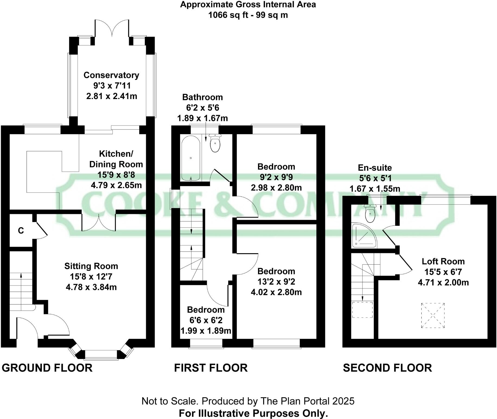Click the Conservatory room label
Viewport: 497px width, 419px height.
coord(111,75)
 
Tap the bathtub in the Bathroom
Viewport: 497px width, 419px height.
coord(191,158)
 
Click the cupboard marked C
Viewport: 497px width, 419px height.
coord(21,231)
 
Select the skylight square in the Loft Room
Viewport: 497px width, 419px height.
coord(433,315)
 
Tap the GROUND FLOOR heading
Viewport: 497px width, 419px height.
coord(47,368)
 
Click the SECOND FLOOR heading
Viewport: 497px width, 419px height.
coord(387,368)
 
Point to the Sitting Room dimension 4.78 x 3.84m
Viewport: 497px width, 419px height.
coord(91,287)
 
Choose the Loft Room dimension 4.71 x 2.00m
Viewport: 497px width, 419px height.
coord(443,282)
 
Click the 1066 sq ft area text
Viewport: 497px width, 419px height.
coord(248,15)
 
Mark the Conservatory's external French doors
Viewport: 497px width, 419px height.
coord(112,28)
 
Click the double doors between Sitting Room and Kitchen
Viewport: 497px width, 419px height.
coord(99,223)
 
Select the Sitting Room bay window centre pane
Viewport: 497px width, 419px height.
coord(101,355)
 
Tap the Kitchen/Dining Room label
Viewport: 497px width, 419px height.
coord(116,159)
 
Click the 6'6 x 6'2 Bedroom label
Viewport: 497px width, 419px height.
coord(206,310)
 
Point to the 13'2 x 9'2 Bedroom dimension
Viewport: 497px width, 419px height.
coord(276,282)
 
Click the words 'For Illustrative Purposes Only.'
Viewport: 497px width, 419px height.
coord(253,413)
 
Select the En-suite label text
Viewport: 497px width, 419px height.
coord(375,168)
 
